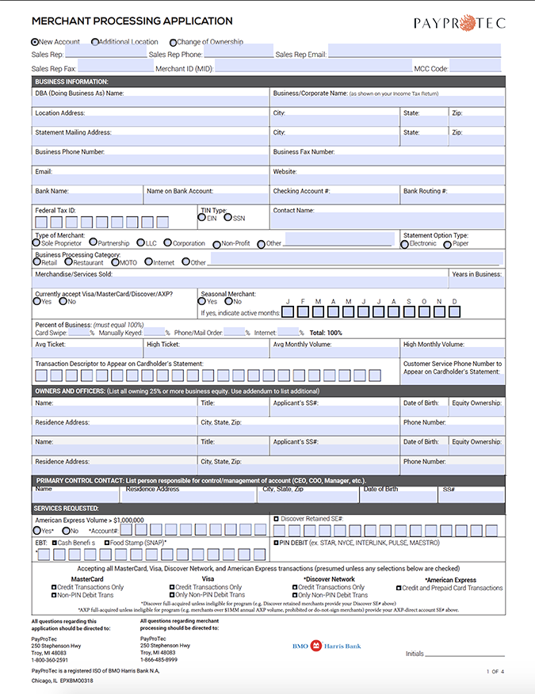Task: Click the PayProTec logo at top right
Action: coord(459,23)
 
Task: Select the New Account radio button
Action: coord(35,42)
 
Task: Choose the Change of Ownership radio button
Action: coord(172,42)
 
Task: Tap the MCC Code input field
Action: coord(476,68)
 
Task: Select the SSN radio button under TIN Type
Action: coord(227,218)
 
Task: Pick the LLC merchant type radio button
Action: coord(140,243)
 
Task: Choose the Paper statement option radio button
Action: coord(448,244)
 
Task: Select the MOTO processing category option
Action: coord(115,262)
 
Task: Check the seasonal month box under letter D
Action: coord(455,312)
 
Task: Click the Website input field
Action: coord(387,180)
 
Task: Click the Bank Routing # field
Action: coord(451,199)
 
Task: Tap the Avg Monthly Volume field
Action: coord(334,353)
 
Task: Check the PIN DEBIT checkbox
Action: coord(276,543)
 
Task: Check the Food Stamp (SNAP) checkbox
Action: coord(105,543)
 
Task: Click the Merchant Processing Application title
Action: coord(132,21)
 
